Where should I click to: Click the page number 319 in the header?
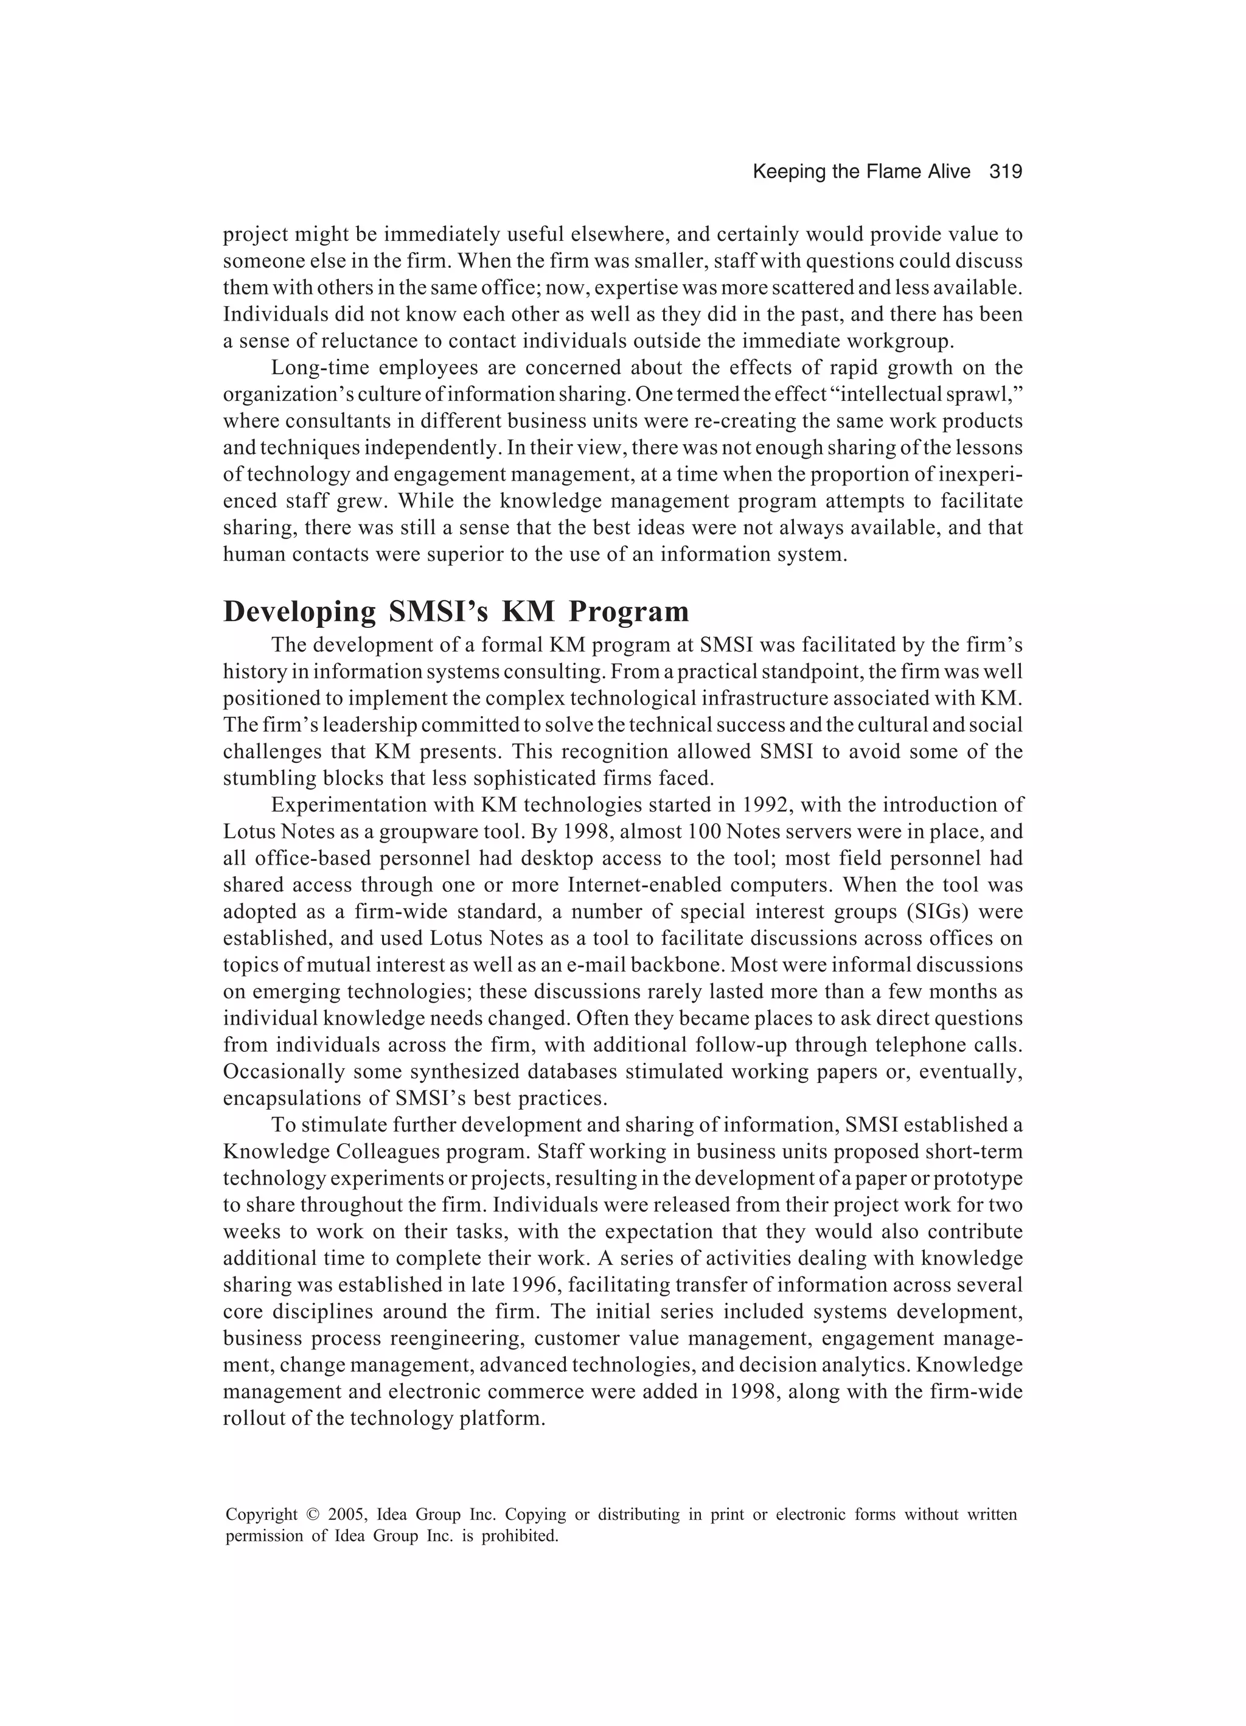(1006, 172)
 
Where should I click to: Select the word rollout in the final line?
(252, 1418)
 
